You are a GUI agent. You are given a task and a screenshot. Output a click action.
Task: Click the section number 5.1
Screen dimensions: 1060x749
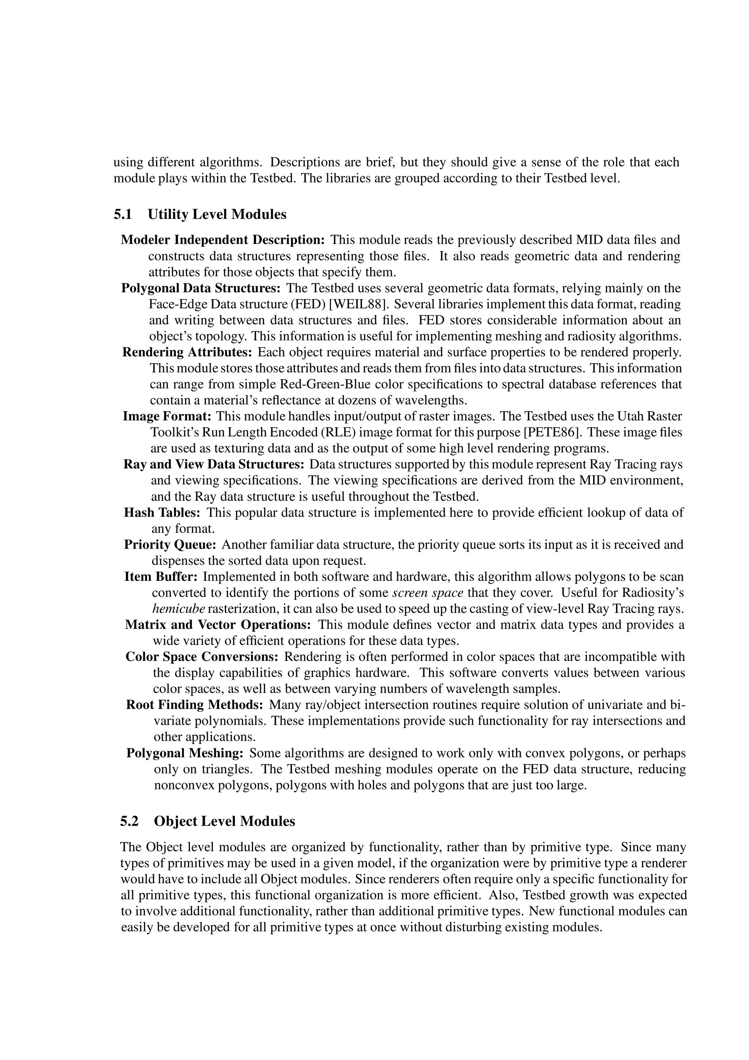[x=123, y=214]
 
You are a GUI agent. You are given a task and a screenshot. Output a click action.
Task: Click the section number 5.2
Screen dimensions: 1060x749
[x=129, y=821]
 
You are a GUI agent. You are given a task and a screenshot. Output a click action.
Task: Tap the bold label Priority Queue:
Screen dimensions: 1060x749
[x=170, y=544]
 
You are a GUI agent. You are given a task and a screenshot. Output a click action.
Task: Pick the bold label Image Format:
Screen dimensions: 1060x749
[x=167, y=416]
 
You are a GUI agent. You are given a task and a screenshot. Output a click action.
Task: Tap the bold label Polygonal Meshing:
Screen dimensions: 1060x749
[x=185, y=753]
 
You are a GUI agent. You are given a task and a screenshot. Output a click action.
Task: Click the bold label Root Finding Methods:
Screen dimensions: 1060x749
[x=194, y=704]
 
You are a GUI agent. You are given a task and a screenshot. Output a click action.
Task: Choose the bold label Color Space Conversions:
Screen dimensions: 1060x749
[x=202, y=657]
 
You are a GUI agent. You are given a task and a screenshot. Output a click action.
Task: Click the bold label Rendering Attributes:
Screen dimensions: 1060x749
[x=187, y=352]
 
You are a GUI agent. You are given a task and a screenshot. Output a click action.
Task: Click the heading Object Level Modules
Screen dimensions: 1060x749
[x=224, y=821]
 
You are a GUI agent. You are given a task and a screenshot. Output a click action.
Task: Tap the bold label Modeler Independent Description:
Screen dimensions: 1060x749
[x=223, y=240]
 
